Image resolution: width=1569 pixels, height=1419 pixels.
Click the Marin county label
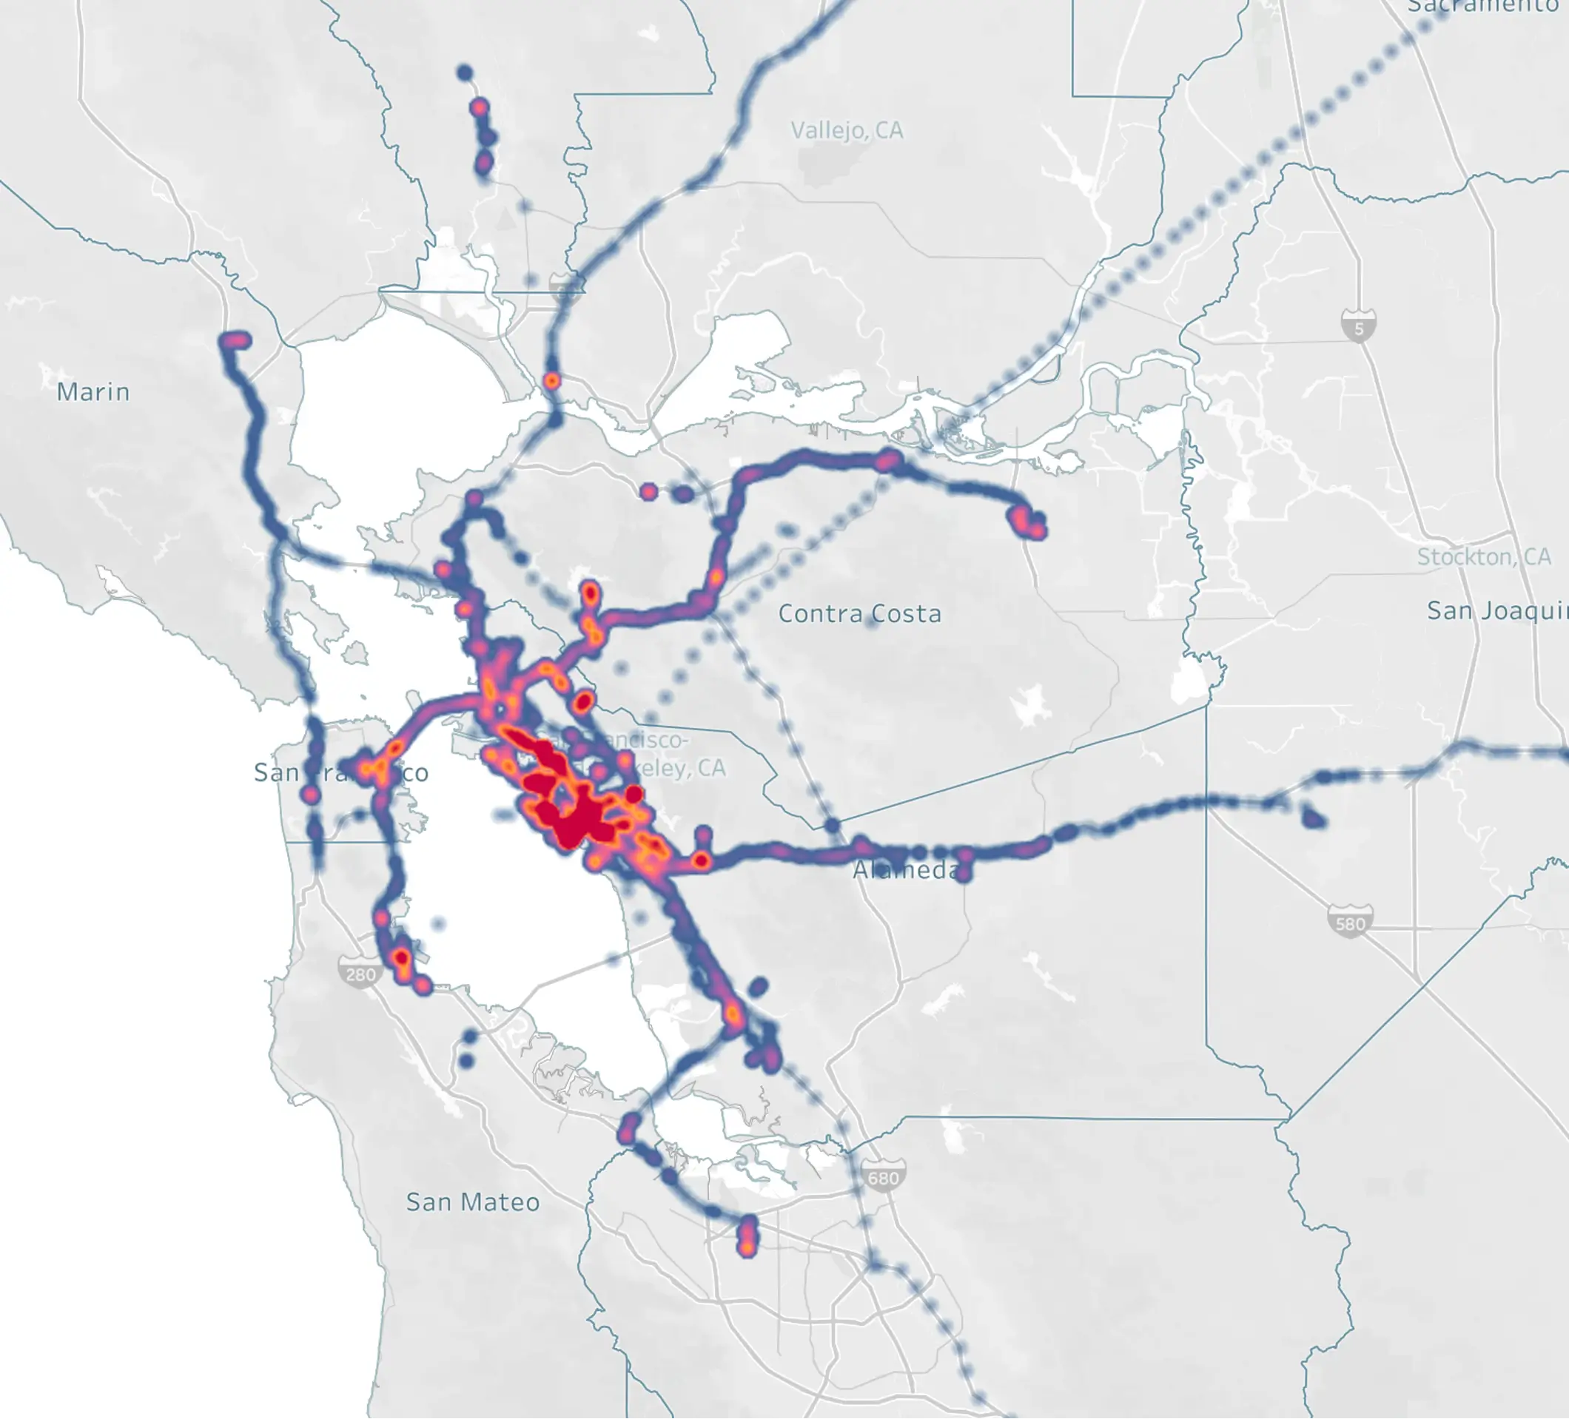[x=93, y=391]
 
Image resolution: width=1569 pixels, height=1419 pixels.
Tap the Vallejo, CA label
[x=847, y=130]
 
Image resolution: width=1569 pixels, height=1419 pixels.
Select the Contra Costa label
[x=859, y=614]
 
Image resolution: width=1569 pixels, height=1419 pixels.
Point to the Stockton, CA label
[x=1483, y=557]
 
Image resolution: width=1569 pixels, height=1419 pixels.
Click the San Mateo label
[x=472, y=1202]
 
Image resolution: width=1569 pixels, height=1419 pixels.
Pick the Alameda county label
[x=906, y=870]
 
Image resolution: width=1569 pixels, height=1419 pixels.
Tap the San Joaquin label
[x=1496, y=610]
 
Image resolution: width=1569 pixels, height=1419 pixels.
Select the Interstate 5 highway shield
[x=1358, y=327]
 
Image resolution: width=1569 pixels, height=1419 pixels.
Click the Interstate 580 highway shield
[x=1349, y=923]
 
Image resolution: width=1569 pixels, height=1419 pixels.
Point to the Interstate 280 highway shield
[x=359, y=973]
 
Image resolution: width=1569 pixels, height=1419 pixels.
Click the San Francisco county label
[x=341, y=772]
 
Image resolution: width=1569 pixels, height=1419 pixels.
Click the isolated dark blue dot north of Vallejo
[x=465, y=73]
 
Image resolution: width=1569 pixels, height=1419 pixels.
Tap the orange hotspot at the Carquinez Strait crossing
[x=552, y=381]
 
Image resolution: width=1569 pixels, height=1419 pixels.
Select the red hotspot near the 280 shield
[x=402, y=957]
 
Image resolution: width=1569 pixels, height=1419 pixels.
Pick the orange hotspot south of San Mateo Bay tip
[x=746, y=1244]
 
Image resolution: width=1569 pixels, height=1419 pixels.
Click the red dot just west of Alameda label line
[x=702, y=860]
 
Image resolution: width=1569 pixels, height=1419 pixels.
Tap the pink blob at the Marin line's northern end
[x=235, y=340]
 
